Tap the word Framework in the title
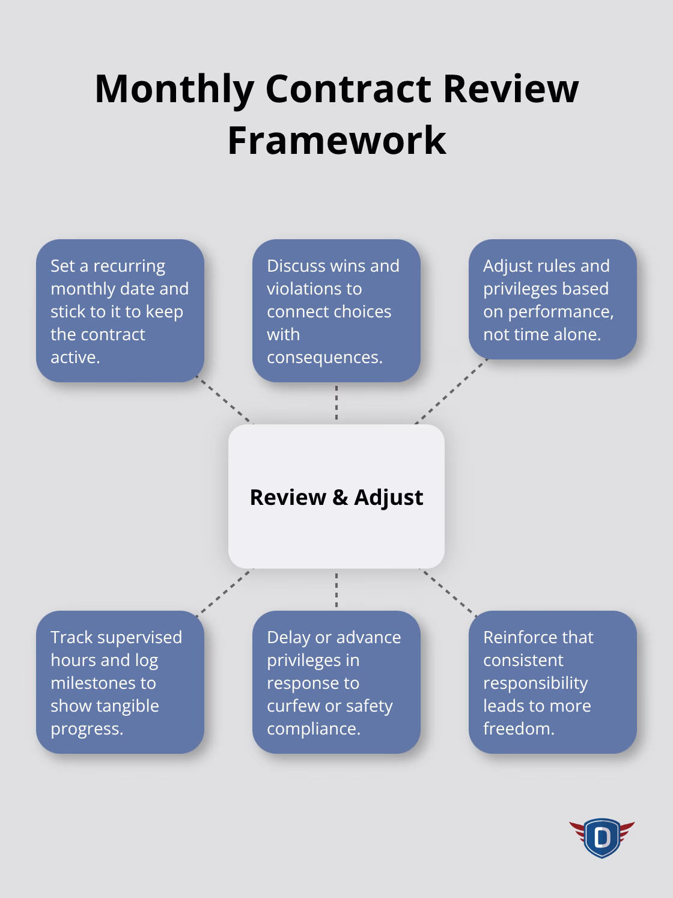click(x=336, y=141)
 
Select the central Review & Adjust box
click(x=336, y=496)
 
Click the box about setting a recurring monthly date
click(x=120, y=311)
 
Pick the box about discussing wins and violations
click(x=336, y=311)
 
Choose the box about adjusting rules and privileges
click(x=553, y=299)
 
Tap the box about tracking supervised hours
click(x=120, y=682)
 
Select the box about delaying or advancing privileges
click(x=336, y=682)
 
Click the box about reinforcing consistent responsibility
click(x=553, y=682)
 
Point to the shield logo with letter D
click(x=601, y=837)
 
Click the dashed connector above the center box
click(x=336, y=403)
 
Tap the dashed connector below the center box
click(x=336, y=590)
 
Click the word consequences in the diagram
click(x=324, y=357)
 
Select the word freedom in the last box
click(x=519, y=728)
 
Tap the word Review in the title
click(x=511, y=89)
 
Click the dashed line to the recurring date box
click(x=225, y=401)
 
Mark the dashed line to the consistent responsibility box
click(x=449, y=591)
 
